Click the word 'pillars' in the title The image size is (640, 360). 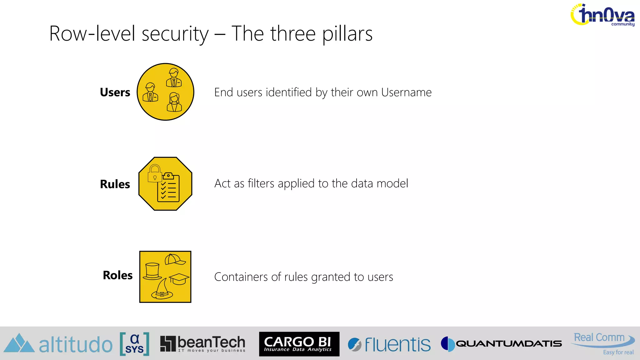[347, 34]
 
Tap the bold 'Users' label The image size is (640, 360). [115, 92]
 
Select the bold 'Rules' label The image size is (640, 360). [115, 184]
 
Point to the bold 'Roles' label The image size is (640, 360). [118, 275]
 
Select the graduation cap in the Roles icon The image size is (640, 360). [179, 278]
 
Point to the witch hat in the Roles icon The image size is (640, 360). [162, 290]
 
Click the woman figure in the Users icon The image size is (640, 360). [174, 102]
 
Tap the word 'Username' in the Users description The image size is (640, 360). [406, 92]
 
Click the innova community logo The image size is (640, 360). [603, 15]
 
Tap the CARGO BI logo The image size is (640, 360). [299, 344]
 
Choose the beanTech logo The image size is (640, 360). [203, 344]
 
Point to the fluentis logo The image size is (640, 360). [389, 344]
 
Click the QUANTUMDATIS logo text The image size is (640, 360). [509, 344]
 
